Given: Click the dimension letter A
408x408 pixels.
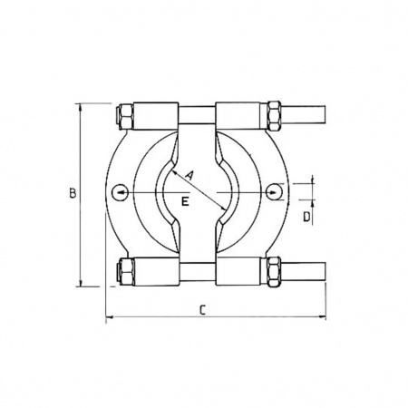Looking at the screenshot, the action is coord(189,175).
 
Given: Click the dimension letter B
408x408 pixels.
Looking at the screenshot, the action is coord(73,193).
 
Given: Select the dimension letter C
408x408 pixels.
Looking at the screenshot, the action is coord(202,310).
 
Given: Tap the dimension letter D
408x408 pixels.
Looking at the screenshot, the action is coord(306,217).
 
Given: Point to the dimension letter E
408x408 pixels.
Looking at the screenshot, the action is coord(185,201).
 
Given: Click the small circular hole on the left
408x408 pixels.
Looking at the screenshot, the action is coord(120,192).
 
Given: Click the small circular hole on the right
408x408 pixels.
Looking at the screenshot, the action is coord(275,192).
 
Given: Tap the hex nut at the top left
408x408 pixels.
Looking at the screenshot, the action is coord(125,116).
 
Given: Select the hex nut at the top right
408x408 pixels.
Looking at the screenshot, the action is coord(274,116).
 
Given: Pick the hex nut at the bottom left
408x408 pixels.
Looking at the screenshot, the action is coord(125,271).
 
